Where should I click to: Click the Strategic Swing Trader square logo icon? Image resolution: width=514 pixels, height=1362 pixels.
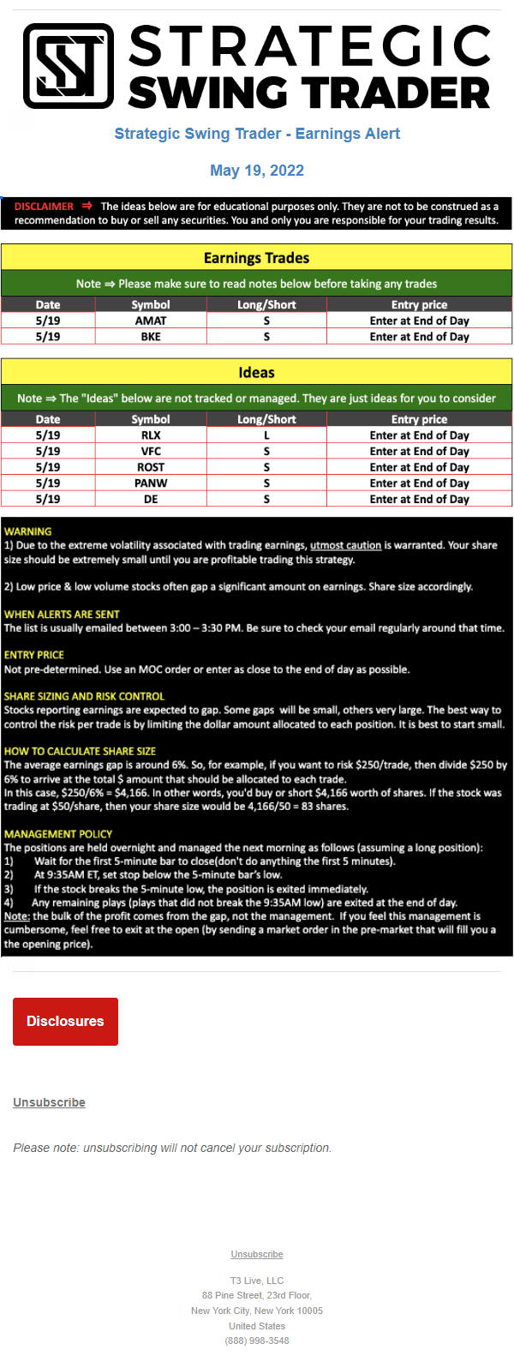point(69,66)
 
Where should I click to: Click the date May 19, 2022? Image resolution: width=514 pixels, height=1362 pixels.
point(257,171)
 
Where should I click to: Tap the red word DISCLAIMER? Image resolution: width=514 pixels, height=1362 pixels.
point(44,207)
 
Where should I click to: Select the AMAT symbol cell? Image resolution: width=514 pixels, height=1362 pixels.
point(151,321)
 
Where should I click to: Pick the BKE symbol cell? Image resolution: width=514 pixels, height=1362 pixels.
point(151,337)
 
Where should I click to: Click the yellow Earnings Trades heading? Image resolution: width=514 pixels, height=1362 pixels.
point(256,258)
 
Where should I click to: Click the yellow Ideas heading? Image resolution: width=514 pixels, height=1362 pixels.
point(256,372)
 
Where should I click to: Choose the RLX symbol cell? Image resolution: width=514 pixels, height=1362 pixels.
point(151,435)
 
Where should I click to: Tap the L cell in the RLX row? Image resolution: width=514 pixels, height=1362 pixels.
point(266,435)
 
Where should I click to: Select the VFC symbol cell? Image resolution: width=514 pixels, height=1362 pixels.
point(151,451)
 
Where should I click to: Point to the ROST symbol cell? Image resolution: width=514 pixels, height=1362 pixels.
point(151,467)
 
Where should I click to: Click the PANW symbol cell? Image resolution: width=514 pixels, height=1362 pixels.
point(151,483)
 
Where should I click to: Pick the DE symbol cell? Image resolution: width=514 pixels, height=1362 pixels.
point(151,499)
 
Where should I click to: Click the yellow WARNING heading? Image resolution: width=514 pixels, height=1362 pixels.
point(27,531)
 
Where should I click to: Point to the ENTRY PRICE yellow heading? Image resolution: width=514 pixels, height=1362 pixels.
point(34,655)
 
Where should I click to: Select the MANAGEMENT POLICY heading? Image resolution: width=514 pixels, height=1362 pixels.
point(58,834)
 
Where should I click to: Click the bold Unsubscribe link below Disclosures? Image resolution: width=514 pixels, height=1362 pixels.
point(49,1102)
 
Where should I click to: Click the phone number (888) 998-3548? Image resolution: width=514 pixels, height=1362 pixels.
point(257,1341)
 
